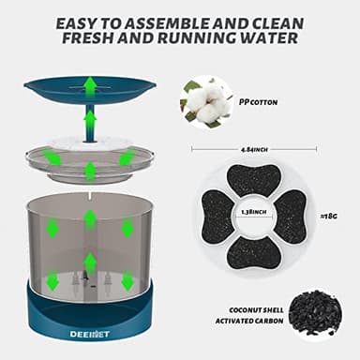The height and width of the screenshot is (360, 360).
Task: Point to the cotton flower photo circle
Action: tap(204, 100)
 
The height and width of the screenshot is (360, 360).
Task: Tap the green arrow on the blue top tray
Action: tap(90, 87)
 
